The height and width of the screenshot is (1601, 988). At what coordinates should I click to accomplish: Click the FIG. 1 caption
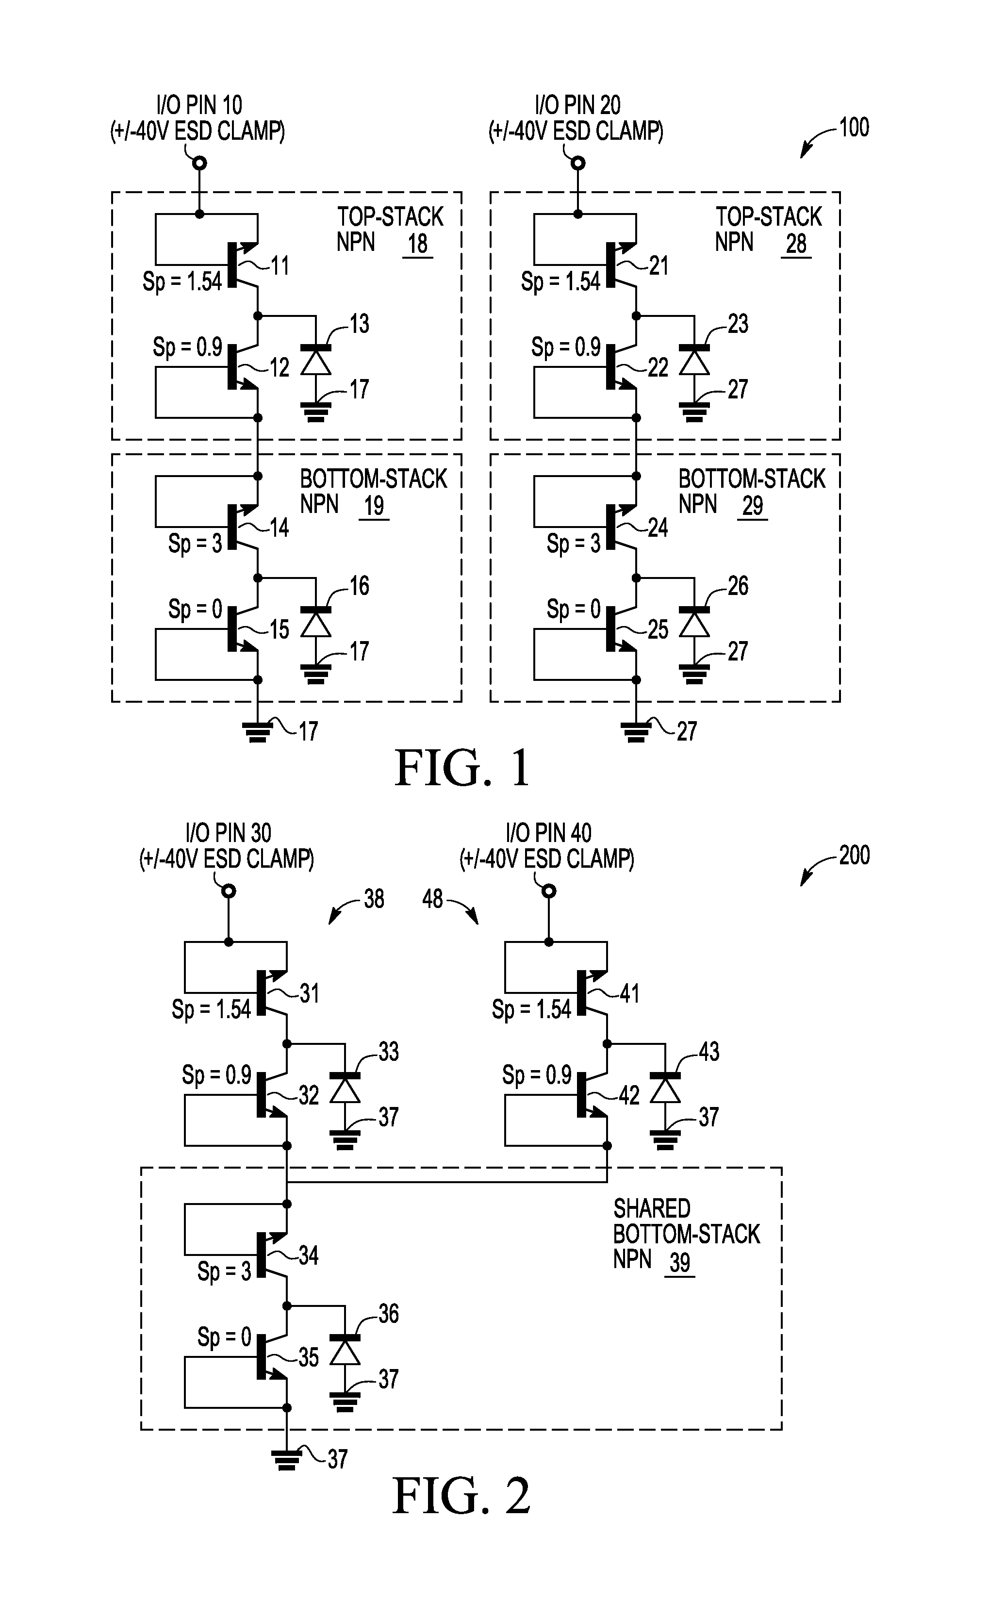click(461, 769)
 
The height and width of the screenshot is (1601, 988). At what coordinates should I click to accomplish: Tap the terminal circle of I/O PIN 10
click(200, 163)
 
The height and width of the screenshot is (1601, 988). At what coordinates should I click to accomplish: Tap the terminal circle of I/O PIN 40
click(549, 891)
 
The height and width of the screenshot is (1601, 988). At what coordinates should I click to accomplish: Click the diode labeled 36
click(345, 1351)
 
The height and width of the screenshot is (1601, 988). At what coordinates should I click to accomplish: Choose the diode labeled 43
click(665, 1089)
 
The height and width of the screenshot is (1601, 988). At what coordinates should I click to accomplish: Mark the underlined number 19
click(374, 507)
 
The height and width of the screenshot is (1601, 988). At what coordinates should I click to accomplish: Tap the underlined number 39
click(679, 1262)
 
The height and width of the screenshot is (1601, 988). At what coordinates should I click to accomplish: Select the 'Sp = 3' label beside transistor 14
click(195, 544)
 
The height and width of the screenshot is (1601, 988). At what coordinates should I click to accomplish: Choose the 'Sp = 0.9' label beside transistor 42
click(537, 1074)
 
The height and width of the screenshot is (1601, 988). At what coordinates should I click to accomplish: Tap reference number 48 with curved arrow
click(432, 899)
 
